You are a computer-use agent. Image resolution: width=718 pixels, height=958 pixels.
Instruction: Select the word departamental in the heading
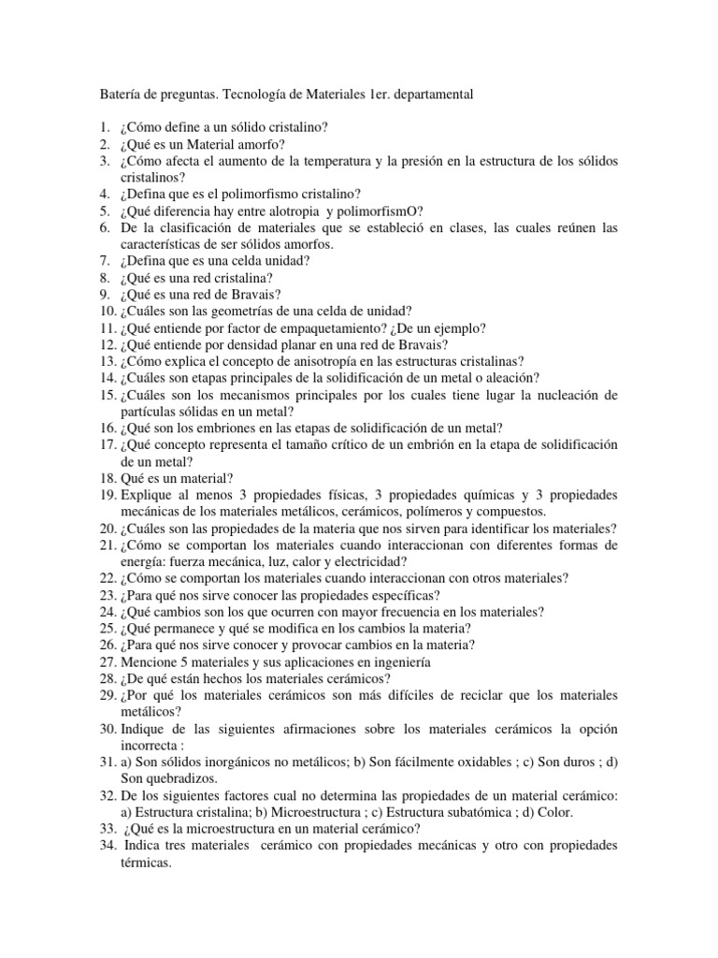tap(430, 94)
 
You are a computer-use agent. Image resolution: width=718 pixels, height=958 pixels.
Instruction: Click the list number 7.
tap(105, 261)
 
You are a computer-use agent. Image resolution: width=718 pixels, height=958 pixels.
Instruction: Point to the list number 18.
tap(107, 479)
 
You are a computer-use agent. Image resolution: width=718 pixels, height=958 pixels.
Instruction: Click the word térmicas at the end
tap(147, 864)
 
